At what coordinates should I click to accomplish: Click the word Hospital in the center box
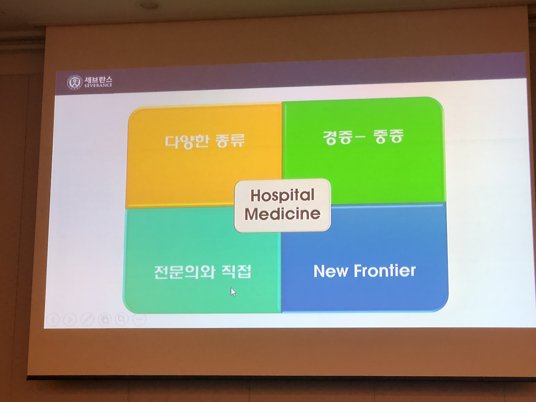282,195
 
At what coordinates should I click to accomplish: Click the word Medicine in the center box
282,214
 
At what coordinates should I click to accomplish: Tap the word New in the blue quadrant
331,271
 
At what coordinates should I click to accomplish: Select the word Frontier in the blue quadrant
384,271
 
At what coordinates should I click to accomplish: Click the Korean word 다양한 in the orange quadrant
187,142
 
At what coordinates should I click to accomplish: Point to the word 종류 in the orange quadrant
230,141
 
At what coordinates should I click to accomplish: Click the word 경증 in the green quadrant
337,138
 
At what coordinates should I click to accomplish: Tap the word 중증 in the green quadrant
388,136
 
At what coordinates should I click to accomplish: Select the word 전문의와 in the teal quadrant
185,272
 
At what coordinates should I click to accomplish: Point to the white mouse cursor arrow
233,292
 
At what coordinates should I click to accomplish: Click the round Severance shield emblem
75,82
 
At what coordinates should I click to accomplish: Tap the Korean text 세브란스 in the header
98,80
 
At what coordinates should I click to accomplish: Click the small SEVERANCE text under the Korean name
98,85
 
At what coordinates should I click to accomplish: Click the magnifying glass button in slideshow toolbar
122,319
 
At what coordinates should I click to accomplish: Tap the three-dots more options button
139,319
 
